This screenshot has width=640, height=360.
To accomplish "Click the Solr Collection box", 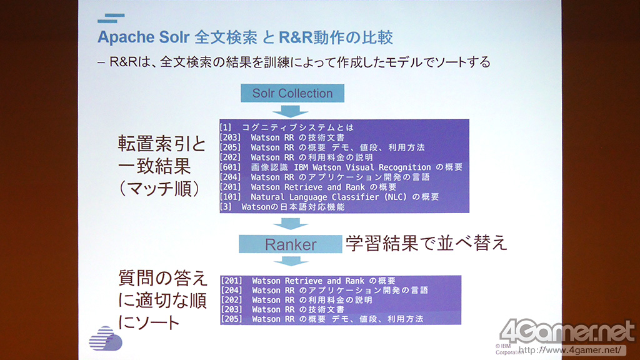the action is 292,93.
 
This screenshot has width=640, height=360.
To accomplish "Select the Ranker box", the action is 290,244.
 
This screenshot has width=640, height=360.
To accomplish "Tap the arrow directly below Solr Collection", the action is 290,111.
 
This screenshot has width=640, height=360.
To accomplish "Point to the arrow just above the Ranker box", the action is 291,223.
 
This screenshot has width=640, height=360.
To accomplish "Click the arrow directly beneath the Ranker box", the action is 291,261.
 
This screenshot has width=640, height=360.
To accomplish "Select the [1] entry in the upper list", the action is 286,127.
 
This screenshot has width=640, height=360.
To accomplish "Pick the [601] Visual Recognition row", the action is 341,167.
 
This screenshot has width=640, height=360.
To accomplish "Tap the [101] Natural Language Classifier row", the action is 329,197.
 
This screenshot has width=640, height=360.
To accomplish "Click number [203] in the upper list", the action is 230,137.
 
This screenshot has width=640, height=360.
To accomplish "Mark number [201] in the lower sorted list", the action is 231,281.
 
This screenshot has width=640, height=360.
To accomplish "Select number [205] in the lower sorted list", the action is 231,319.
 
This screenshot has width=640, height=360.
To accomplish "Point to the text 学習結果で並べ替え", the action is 426,243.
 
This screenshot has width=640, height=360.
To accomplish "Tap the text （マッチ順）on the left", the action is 159,189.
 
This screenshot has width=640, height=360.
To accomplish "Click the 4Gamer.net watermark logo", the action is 567,331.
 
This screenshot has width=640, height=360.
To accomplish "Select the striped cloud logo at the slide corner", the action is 105,338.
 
